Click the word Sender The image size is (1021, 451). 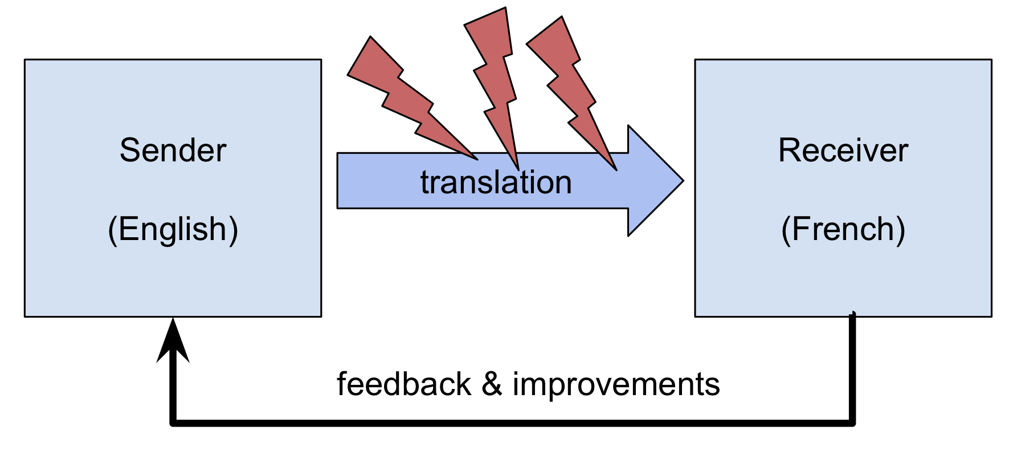point(173,151)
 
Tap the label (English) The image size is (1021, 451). point(173,229)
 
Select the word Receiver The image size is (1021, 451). point(843,151)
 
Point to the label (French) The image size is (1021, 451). point(843,229)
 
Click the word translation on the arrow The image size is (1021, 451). point(496,182)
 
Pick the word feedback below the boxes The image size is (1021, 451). point(403,384)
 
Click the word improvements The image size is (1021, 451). point(616,384)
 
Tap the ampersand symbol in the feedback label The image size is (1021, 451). point(492,384)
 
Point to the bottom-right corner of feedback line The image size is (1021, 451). point(852,423)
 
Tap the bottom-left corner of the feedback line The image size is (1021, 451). point(173,423)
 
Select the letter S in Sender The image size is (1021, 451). point(129,151)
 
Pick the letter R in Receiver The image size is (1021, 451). point(790,151)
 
